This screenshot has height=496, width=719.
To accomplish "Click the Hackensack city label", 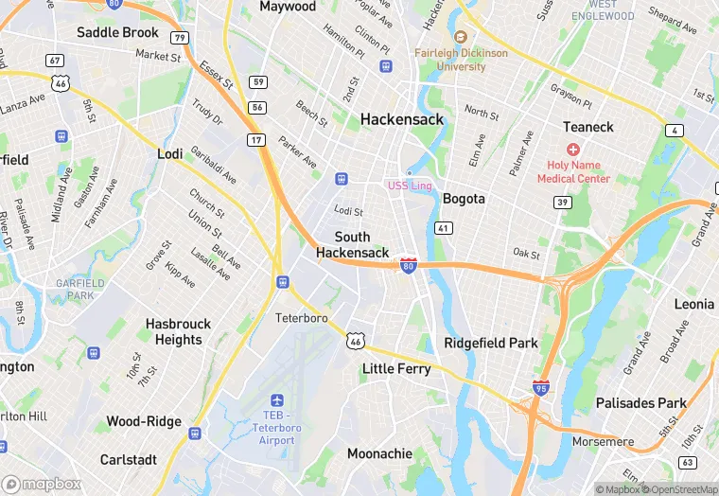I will point(400,119).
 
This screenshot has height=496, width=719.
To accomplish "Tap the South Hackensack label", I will point(352,244).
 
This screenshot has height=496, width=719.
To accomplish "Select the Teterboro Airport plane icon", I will point(276,401).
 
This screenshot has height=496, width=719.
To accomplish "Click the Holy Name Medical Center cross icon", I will point(572,150).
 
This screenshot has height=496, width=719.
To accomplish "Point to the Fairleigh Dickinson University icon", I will point(461,37).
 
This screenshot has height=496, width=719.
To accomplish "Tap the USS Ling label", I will point(409,186).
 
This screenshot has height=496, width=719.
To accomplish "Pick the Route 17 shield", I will point(256,140).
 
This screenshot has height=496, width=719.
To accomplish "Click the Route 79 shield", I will point(179,38).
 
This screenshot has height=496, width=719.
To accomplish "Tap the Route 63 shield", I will point(688,462).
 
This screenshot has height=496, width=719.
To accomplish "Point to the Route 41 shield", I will point(443,228).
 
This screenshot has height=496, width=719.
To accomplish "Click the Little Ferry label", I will point(396,368).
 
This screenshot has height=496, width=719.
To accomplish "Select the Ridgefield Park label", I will point(491,343).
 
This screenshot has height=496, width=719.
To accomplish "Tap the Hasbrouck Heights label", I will point(179,331).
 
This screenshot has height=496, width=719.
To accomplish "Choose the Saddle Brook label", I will point(117,32).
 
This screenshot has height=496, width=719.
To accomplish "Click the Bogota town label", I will point(464,199).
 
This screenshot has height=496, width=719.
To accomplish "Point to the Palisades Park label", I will point(640,403).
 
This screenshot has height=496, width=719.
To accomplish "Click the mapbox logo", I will point(42,483).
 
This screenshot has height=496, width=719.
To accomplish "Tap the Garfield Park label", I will point(79,289).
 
